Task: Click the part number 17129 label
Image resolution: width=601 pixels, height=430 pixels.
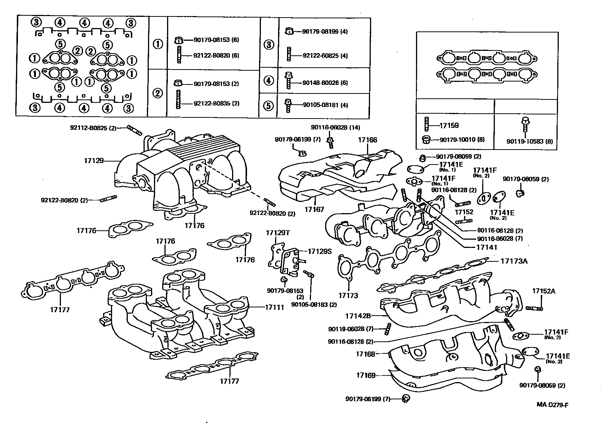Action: tap(93, 161)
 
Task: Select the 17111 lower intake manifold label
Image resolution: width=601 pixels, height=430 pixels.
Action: tap(274, 307)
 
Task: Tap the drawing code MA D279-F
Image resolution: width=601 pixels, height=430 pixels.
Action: tap(552, 405)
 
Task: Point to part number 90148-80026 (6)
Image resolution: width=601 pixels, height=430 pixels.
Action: tap(325, 83)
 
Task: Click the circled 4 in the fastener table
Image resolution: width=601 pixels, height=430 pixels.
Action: tap(268, 80)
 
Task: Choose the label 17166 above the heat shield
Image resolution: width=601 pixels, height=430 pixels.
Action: tap(367, 140)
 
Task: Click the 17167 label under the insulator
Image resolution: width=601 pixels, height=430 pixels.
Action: tap(314, 210)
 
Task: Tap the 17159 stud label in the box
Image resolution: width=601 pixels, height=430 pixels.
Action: tap(449, 126)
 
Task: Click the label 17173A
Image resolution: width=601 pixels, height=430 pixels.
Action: tap(514, 261)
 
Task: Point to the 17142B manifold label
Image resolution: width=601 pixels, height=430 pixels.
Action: tap(358, 316)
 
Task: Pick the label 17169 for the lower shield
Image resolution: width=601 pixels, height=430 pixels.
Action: tap(366, 375)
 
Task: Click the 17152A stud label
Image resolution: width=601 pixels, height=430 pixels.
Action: tap(543, 291)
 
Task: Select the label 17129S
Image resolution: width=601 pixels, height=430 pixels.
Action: tap(320, 252)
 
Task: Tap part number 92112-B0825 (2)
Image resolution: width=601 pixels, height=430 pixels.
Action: tap(93, 128)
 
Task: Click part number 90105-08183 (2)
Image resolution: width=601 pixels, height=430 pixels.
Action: tap(314, 304)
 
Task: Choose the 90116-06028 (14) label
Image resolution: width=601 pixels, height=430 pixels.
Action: tap(335, 128)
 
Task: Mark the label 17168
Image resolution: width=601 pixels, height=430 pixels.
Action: tap(365, 354)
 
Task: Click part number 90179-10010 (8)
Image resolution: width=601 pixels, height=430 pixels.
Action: tap(462, 139)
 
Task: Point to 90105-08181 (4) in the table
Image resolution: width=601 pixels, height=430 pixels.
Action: tap(325, 105)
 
